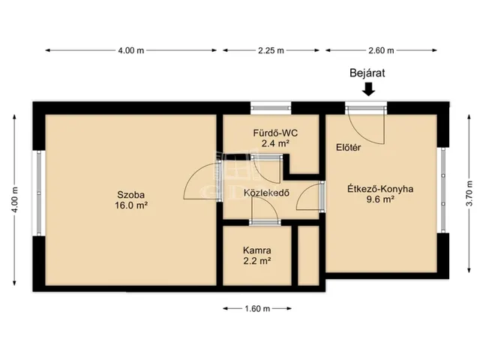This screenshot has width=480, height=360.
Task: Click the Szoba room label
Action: [131, 195]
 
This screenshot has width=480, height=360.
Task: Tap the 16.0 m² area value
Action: [131, 205]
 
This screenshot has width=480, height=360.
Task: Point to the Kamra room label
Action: [256, 250]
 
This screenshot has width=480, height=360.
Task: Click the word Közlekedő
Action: [267, 193]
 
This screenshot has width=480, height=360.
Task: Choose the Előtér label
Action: [348, 148]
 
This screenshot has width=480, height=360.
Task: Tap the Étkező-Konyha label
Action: [380, 189]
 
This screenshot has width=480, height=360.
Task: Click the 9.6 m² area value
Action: [380, 199]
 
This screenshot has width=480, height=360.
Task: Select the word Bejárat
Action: [367, 73]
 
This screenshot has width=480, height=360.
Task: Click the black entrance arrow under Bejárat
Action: [368, 89]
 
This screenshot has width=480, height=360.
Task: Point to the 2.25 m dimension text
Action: [271, 50]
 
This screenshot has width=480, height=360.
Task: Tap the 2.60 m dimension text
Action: [381, 50]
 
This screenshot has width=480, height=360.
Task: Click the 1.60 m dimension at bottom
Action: [257, 308]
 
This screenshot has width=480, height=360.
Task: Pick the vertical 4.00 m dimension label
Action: [15, 199]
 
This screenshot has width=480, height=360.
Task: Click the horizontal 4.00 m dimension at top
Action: [131, 50]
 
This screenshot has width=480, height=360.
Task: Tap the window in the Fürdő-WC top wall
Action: [271, 108]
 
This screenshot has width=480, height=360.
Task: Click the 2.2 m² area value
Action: [256, 261]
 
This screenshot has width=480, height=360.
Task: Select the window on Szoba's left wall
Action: [39, 193]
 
